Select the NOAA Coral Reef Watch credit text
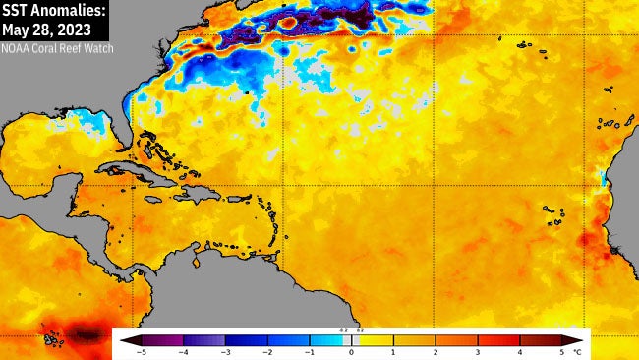57,46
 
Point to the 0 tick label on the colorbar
351,351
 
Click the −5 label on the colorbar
142,351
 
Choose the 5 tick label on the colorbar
561,351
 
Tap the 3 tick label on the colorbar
478,351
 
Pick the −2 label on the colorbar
267,351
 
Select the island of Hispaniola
197,192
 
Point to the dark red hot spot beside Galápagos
87,335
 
